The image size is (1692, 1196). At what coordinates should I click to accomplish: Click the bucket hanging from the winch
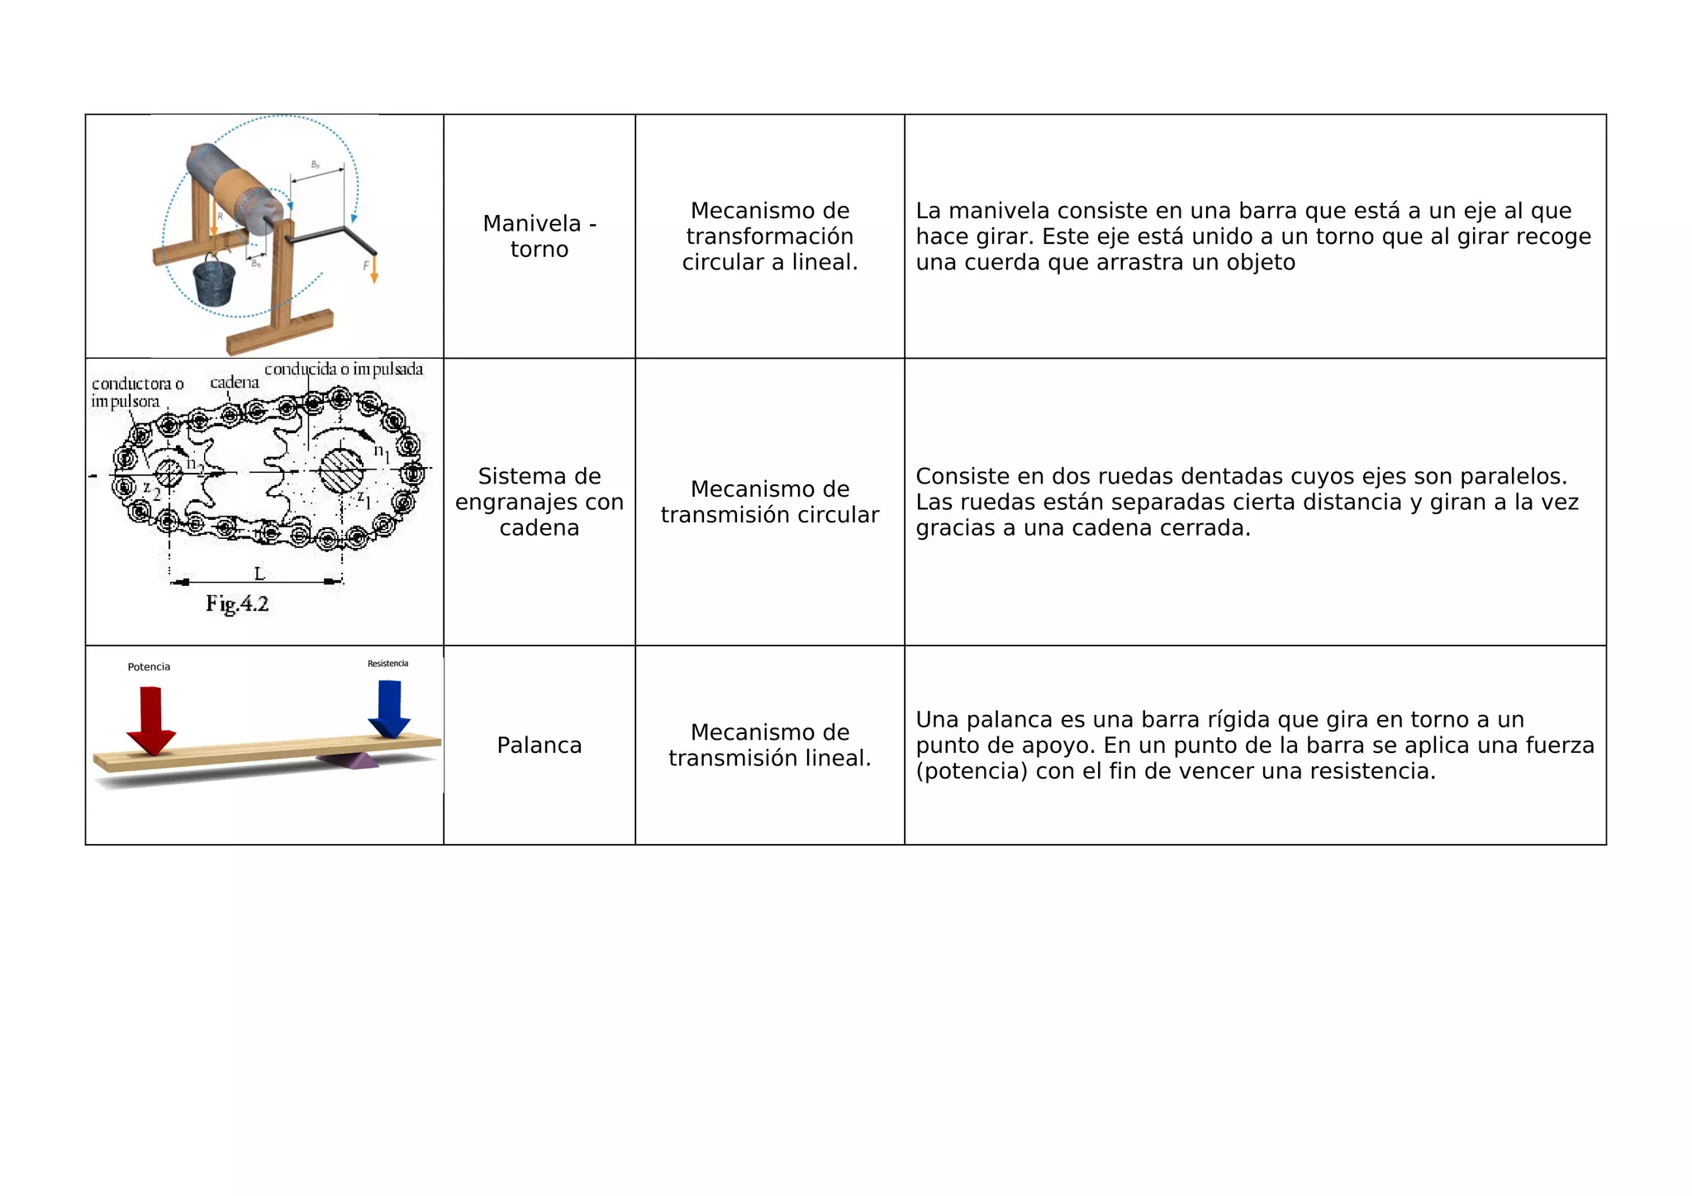[x=214, y=282]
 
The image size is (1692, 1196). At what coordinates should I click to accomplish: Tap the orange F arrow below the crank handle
[x=373, y=269]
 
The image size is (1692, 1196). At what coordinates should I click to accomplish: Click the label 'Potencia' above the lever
[x=149, y=667]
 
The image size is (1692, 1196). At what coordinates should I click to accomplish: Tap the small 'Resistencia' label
[x=387, y=664]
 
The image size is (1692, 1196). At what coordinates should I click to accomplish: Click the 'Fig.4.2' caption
[x=237, y=604]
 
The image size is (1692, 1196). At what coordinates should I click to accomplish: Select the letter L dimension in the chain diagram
[x=259, y=574]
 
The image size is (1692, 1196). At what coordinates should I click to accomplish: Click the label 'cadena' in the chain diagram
[x=235, y=383]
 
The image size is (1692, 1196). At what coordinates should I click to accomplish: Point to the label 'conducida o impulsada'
[x=344, y=369]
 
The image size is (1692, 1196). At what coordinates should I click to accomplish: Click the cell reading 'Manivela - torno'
[x=539, y=236]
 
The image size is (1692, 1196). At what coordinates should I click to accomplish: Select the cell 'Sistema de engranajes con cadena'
[x=539, y=502]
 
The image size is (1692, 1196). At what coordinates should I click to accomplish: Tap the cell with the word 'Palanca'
[x=539, y=746]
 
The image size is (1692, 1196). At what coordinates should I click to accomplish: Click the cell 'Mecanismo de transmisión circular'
[x=769, y=502]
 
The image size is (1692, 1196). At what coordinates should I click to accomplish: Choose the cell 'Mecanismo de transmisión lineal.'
[x=769, y=746]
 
